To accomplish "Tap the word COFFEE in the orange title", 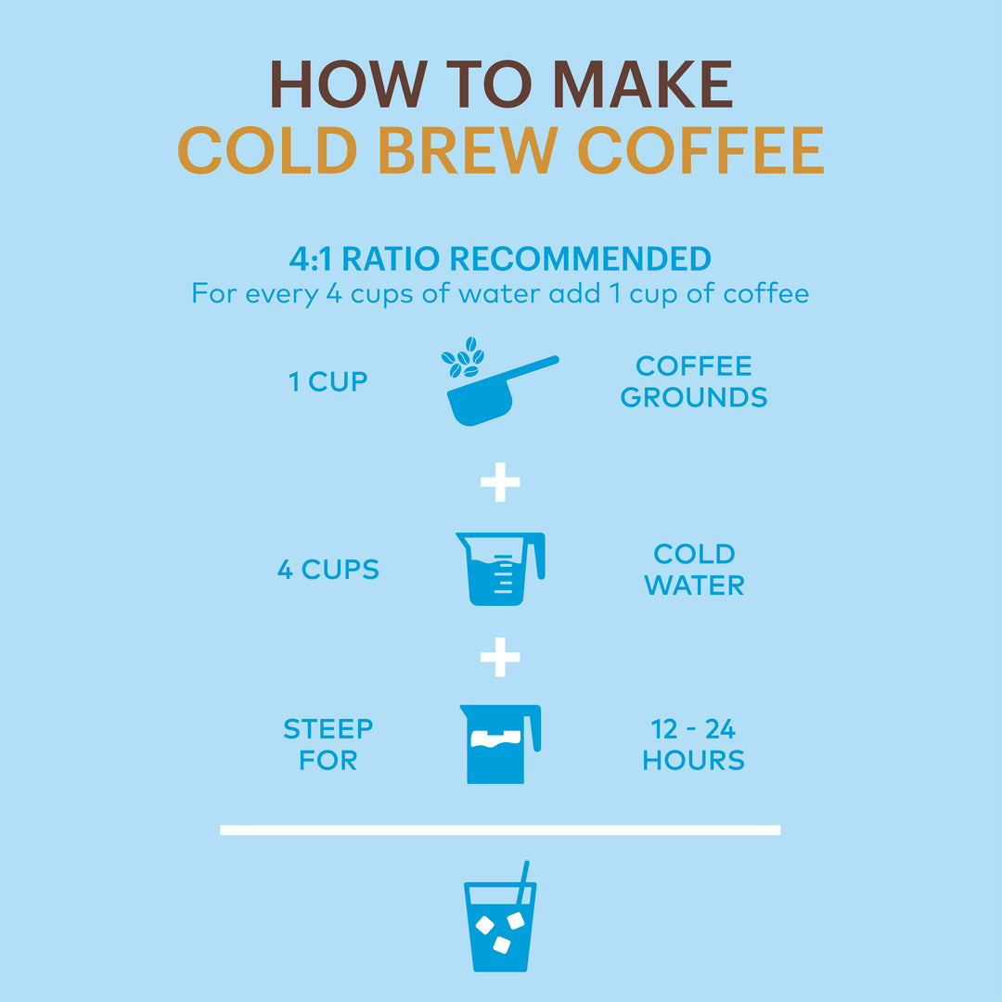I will click(x=700, y=150).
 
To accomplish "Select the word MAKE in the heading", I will click(x=643, y=85).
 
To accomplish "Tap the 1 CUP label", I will click(x=328, y=381).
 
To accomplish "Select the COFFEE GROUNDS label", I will click(x=694, y=381).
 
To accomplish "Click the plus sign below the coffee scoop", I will click(x=500, y=482).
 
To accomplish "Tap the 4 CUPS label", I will click(x=328, y=570).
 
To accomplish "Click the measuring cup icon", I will click(x=499, y=570).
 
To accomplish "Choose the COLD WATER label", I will click(x=694, y=570).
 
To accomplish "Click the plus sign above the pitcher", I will click(x=500, y=658).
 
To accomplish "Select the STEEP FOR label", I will click(x=328, y=744).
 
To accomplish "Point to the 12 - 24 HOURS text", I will click(x=694, y=744).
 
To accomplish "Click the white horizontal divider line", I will click(x=500, y=829).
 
